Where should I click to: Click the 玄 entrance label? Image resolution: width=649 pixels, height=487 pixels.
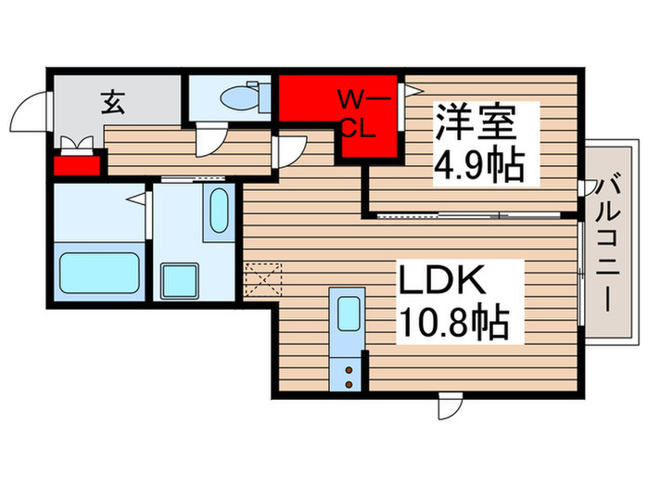[x=112, y=103]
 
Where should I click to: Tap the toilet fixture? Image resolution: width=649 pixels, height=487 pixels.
[x=246, y=96]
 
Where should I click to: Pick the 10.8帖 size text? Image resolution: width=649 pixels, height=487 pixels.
[x=453, y=323]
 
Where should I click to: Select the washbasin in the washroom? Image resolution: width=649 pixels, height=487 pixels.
[x=220, y=214]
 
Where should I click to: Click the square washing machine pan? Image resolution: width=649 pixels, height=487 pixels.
[x=178, y=281]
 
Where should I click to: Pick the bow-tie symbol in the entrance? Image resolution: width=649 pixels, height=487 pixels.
[x=77, y=145]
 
